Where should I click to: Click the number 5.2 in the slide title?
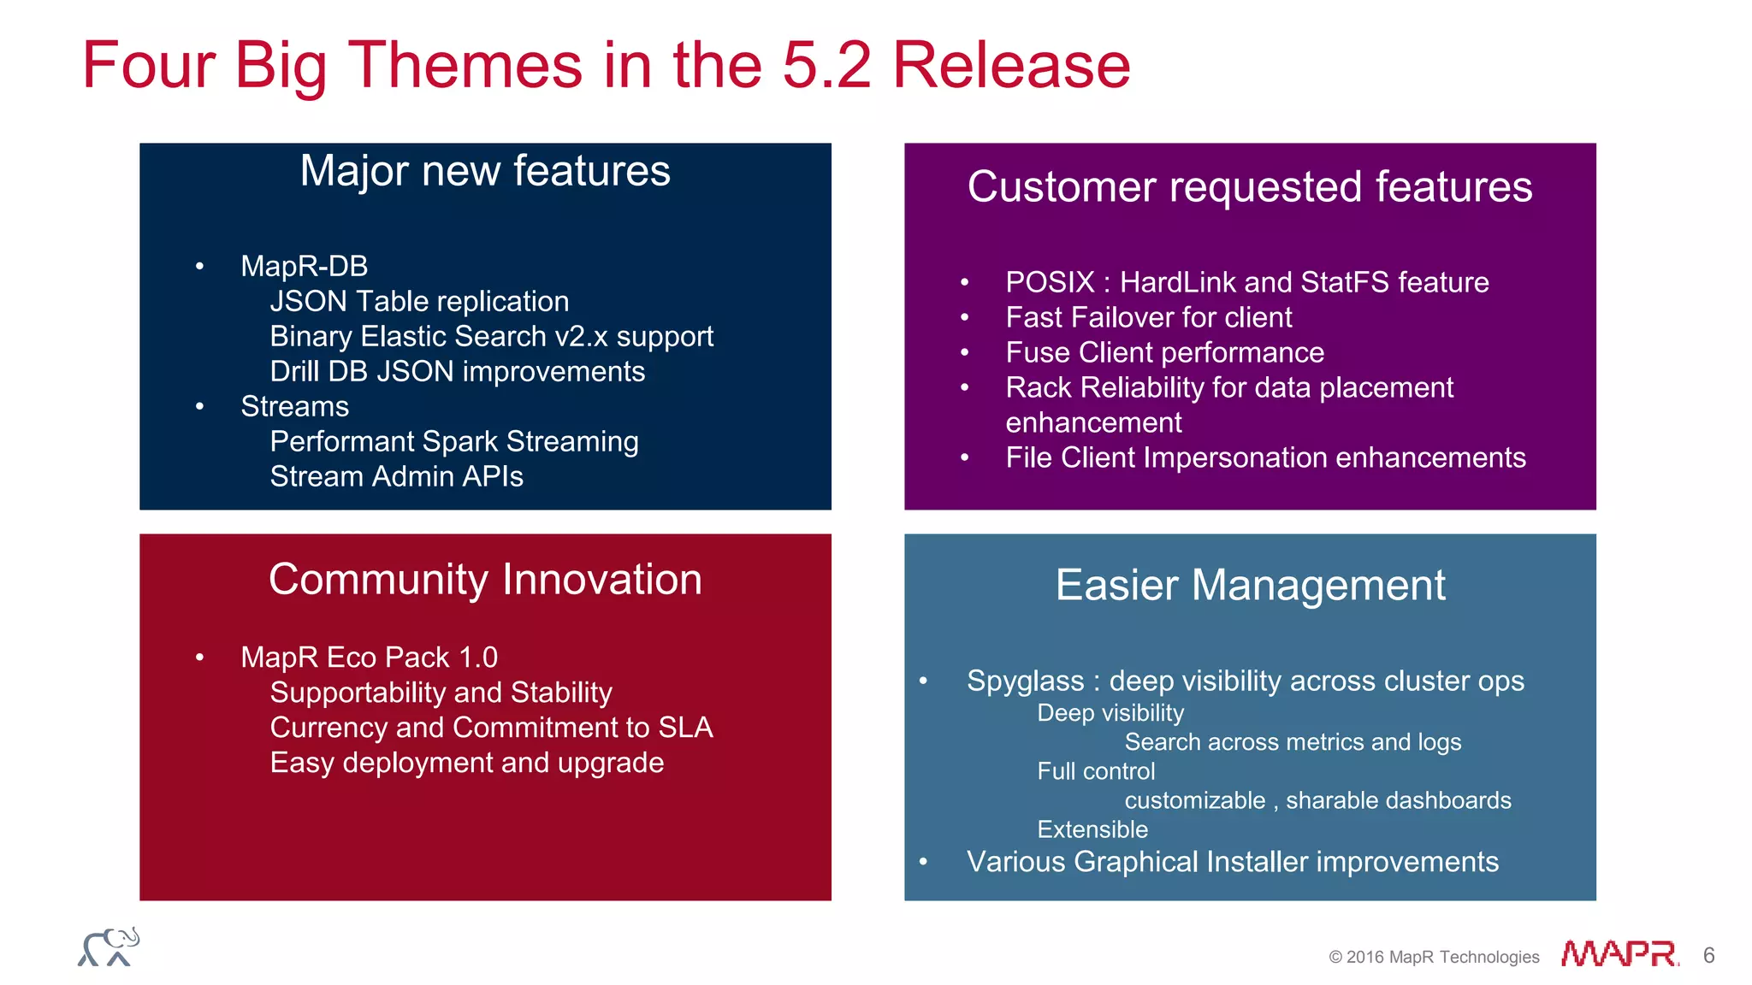826,65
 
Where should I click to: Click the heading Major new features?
485,170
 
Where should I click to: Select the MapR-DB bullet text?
304,266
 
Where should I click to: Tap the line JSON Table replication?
419,301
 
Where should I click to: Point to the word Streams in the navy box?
294,406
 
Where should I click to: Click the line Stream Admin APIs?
396,476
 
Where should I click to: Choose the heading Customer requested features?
1249,186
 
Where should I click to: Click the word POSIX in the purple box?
1050,282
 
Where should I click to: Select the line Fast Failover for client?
1148,317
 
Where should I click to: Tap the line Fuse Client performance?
1164,352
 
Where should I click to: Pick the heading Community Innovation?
485,579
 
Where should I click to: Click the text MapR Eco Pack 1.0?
369,657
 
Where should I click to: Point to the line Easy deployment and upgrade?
466,762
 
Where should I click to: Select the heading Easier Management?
1250,586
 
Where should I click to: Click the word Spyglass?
1025,681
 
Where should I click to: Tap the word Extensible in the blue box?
1092,829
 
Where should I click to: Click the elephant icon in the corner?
109,947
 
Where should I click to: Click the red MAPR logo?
1619,953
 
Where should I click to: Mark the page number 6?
1708,955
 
